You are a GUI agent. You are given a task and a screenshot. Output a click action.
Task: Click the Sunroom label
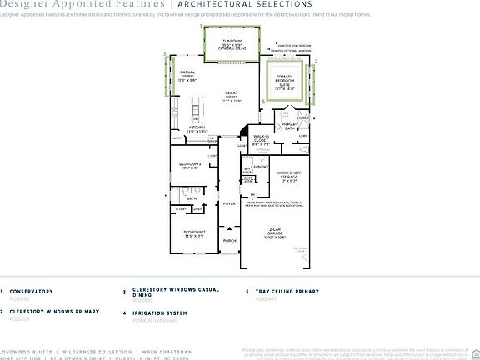pos(232,42)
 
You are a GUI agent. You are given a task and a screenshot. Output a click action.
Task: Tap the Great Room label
pos(232,97)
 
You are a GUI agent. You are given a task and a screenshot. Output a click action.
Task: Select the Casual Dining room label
pos(187,77)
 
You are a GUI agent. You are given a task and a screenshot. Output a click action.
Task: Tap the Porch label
pos(231,240)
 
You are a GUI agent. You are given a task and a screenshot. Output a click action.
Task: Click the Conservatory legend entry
pos(33,292)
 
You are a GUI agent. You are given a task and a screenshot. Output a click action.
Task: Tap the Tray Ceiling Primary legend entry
pos(286,292)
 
